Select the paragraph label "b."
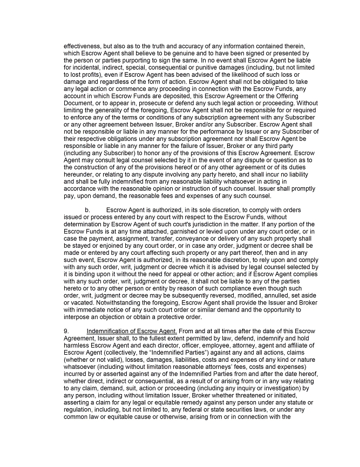point(87,209)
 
